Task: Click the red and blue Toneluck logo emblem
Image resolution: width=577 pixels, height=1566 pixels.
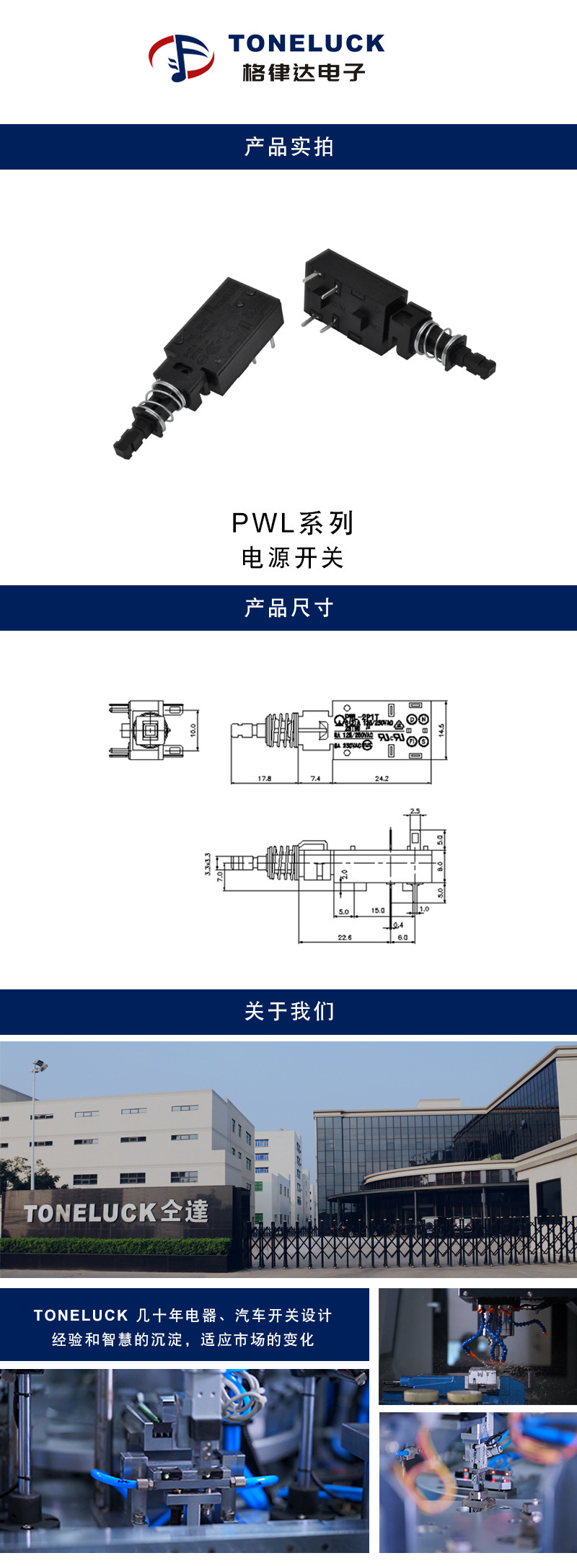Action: (181, 57)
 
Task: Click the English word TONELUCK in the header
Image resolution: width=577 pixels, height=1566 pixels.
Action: (307, 43)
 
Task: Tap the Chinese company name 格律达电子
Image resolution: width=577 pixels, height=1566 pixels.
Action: (304, 72)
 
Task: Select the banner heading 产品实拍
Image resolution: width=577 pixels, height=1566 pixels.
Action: (288, 147)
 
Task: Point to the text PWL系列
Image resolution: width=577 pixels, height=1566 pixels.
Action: (292, 523)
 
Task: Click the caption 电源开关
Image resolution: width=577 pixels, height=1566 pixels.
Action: (292, 558)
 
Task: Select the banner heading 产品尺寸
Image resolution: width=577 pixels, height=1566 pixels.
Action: (288, 608)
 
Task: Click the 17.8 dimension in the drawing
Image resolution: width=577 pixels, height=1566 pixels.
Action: (265, 779)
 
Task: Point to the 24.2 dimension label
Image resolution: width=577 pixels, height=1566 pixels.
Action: (382, 779)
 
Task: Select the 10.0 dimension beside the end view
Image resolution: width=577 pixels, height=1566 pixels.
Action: (193, 730)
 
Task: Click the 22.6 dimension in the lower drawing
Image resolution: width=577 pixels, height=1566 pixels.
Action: (345, 937)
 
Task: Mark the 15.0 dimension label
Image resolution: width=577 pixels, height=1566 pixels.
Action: (378, 911)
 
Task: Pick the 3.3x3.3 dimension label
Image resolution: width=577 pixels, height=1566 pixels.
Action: (208, 864)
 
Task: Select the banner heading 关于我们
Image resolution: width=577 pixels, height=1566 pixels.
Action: (288, 1012)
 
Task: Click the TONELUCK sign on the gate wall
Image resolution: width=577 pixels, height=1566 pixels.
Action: (116, 1212)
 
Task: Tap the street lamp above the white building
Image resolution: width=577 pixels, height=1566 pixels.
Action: (40, 1065)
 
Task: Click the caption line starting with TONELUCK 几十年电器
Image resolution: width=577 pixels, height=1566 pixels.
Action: (183, 1316)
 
